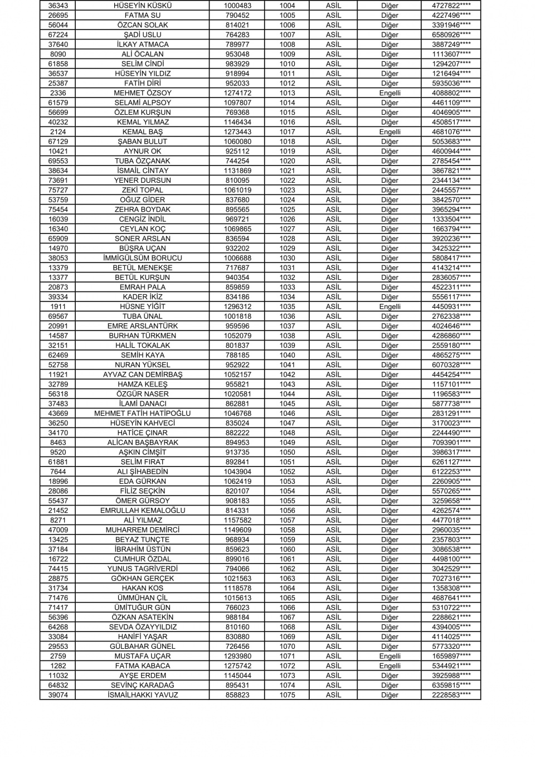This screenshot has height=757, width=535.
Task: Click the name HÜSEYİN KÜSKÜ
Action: (143, 6)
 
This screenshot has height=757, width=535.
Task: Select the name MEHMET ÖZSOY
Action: (143, 93)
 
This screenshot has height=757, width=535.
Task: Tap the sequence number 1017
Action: (287, 132)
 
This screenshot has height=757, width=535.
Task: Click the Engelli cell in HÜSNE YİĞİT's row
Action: (390, 307)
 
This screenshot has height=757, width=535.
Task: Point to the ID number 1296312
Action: (237, 307)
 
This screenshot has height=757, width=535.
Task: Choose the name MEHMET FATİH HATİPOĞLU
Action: (143, 414)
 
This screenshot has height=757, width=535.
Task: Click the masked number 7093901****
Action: (451, 443)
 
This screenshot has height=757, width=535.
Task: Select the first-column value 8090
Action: (58, 54)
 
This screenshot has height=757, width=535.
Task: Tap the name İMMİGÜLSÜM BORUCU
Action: (143, 258)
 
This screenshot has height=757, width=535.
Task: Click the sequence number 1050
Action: (287, 452)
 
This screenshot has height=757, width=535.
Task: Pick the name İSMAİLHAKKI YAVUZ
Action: (143, 695)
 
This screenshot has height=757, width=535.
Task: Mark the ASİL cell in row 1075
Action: (333, 695)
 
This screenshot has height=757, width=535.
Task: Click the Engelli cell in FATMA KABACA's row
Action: (390, 666)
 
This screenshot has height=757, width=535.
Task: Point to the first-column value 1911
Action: (58, 307)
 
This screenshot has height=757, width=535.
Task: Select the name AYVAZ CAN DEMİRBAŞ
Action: (143, 375)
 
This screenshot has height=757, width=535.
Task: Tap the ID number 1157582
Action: (237, 520)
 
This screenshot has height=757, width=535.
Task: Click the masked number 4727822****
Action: (451, 6)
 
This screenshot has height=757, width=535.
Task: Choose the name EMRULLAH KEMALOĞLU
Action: (143, 511)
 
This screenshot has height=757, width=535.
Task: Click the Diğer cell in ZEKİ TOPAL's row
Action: (390, 190)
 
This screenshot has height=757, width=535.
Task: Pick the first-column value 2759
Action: (58, 656)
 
